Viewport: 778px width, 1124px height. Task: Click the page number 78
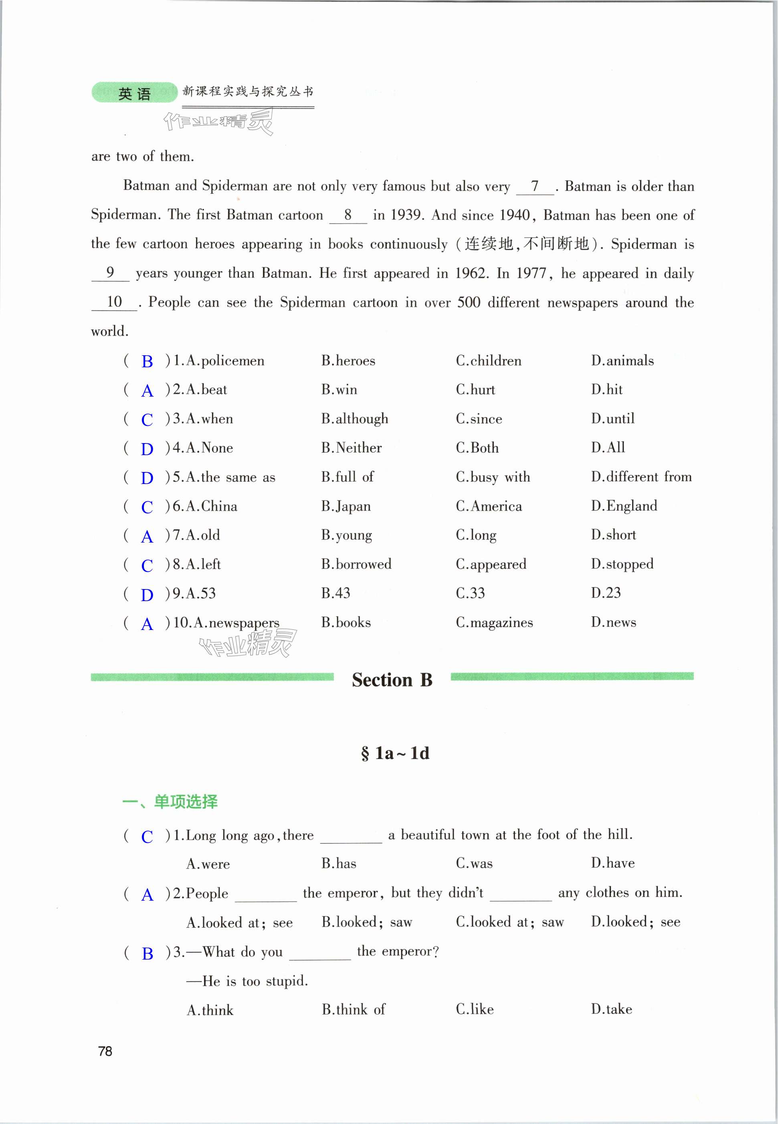point(105,1051)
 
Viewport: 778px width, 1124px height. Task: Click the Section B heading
point(392,680)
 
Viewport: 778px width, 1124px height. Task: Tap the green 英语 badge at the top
point(135,93)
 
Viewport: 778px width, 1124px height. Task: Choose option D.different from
point(641,476)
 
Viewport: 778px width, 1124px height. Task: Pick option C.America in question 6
point(489,506)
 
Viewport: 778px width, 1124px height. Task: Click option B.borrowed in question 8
point(356,564)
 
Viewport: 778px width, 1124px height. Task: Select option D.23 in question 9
point(606,593)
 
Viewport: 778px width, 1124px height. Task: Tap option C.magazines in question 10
point(494,623)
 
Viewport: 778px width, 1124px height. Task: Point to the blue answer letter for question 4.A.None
point(147,449)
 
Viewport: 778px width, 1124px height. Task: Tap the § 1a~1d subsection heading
point(395,753)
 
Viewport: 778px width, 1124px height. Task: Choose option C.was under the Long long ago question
point(474,864)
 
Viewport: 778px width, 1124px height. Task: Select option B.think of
point(353,1009)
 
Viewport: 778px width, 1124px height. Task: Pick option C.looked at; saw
point(509,922)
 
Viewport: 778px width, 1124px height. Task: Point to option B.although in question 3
point(354,419)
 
